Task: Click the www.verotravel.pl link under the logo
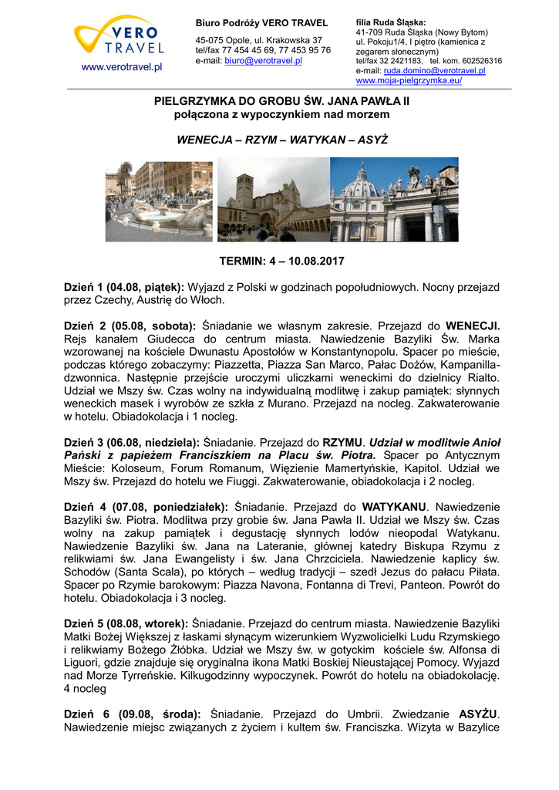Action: pos(122,67)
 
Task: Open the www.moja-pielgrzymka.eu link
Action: pos(409,80)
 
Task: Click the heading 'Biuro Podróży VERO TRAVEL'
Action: pos(261,23)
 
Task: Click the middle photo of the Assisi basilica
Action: pos(273,200)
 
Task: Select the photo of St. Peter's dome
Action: pos(393,199)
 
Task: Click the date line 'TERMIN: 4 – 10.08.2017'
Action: pos(282,262)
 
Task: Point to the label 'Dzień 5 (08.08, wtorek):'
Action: pos(126,623)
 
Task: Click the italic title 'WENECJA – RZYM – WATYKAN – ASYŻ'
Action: pos(282,140)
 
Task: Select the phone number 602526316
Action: pos(476,60)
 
